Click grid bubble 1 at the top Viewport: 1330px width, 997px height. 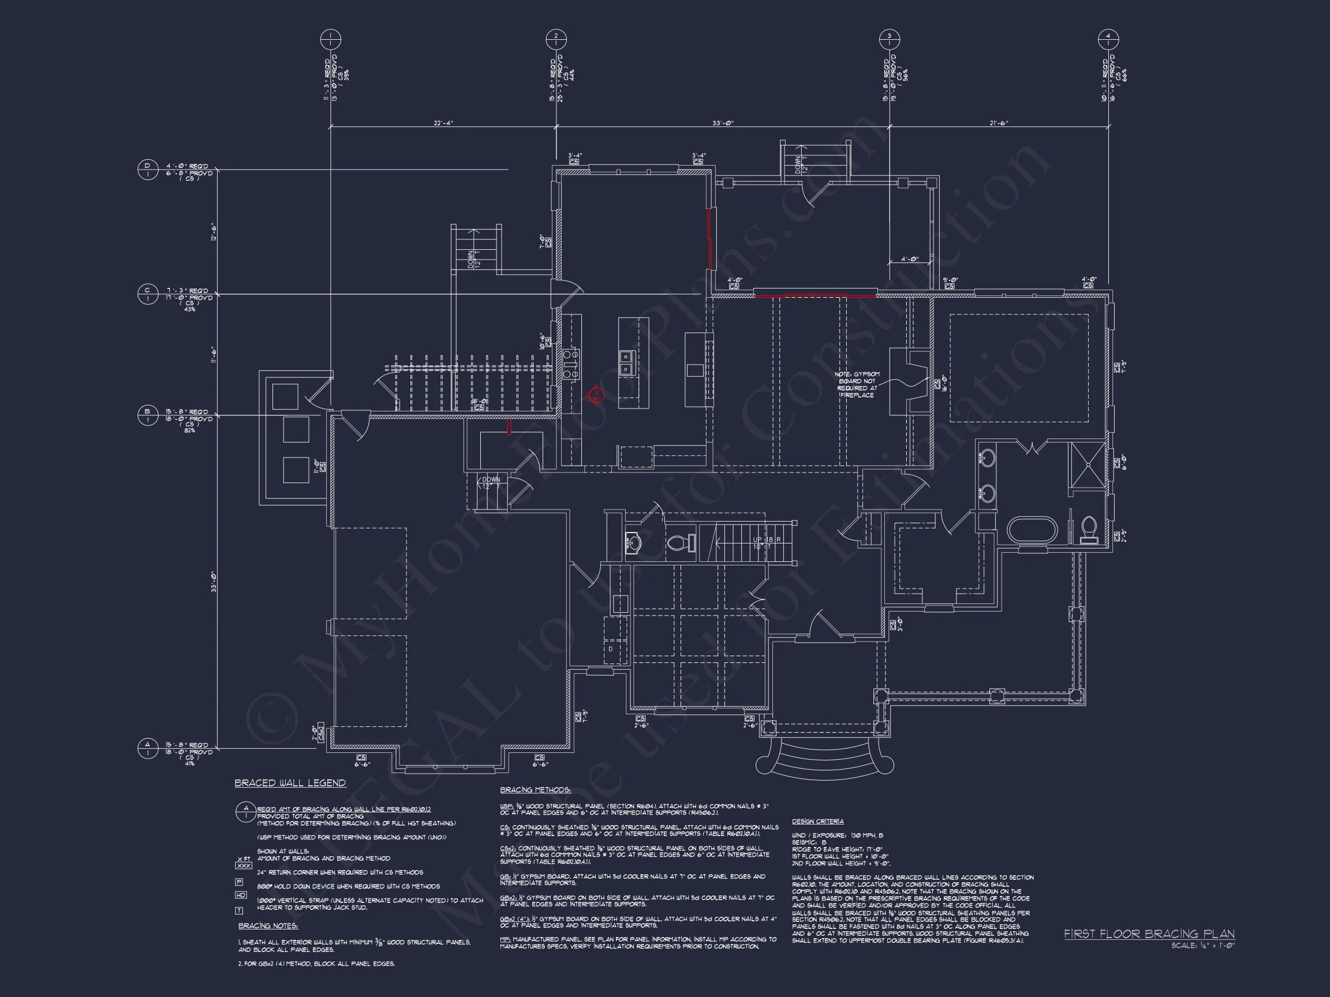tap(330, 40)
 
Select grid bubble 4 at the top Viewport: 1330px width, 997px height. tap(1108, 40)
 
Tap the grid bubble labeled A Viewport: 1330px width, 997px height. tap(147, 749)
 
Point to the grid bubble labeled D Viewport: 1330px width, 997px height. tap(147, 170)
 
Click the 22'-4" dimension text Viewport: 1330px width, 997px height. tap(443, 123)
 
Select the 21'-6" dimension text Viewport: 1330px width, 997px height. tap(999, 123)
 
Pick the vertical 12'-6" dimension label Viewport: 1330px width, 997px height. tap(214, 232)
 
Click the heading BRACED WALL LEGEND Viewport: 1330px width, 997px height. tap(290, 783)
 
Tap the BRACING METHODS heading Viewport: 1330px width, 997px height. tap(535, 790)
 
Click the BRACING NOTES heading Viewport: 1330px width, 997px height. tap(268, 926)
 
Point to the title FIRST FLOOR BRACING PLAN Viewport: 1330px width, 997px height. tap(1149, 934)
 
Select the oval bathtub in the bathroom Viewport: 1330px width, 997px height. tap(1032, 531)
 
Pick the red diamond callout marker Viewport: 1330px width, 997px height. tap(595, 396)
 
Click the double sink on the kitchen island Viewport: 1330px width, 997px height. tap(625, 363)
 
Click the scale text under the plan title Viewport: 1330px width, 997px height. tap(1202, 946)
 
